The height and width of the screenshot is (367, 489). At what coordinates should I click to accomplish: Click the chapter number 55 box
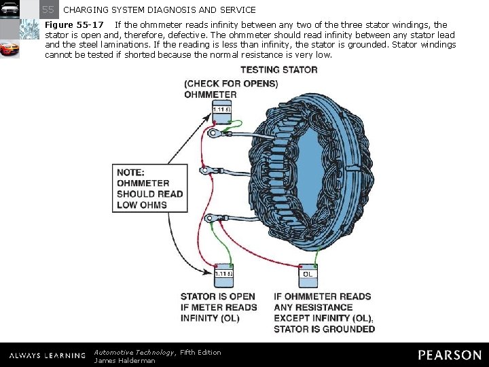(48, 10)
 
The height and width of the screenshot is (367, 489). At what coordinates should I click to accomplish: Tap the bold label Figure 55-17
(74, 25)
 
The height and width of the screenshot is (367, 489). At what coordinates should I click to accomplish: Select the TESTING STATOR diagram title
(278, 70)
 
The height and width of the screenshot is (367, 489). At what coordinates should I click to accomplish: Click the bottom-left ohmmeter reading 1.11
(223, 277)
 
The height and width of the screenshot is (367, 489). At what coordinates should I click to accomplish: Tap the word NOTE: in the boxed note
(130, 172)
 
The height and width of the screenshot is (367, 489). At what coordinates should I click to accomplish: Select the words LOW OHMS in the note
(142, 205)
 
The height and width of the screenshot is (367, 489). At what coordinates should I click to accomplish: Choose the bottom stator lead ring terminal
(212, 218)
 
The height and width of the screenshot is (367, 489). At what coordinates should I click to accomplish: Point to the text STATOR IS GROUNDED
(324, 329)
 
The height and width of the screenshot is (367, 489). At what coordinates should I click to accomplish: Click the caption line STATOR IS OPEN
(218, 296)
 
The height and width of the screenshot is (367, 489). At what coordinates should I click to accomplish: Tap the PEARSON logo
(449, 355)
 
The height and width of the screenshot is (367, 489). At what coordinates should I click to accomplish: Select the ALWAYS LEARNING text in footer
(47, 355)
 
